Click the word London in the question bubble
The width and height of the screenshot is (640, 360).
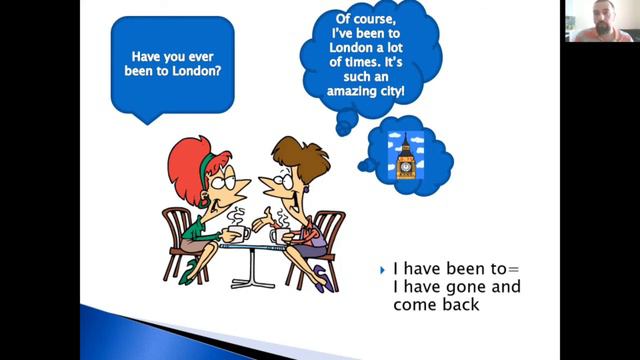196,71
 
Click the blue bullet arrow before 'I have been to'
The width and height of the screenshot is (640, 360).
383,269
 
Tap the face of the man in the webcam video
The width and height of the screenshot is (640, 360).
597,21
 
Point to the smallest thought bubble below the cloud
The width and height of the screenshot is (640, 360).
343,129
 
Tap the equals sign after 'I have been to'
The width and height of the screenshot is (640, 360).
514,269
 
